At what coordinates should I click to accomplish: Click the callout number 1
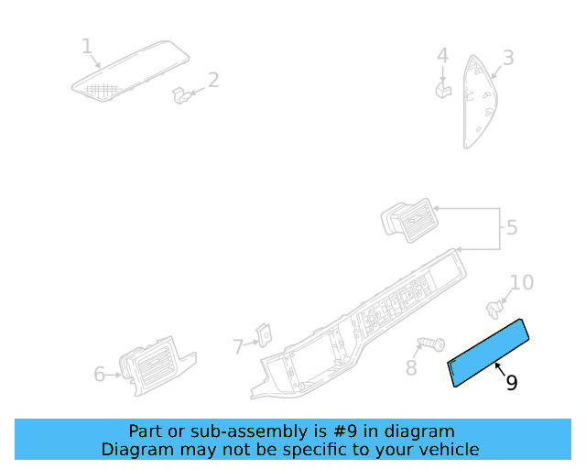[87, 47]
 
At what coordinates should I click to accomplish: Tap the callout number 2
[213, 81]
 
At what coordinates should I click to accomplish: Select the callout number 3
[507, 59]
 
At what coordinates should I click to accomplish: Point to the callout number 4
[442, 57]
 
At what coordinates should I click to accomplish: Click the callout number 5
[512, 227]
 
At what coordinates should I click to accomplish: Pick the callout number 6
[100, 374]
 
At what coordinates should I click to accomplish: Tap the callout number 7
[238, 347]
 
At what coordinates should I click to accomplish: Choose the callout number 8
[411, 368]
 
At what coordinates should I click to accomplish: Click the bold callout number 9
[512, 383]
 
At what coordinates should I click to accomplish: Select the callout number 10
[521, 282]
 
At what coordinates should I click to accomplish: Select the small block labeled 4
[443, 89]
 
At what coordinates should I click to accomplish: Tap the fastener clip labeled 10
[495, 304]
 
